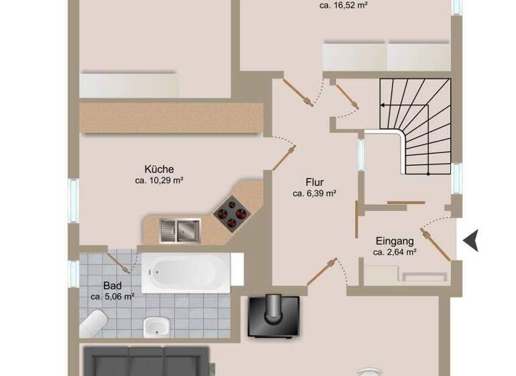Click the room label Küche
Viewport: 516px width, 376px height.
[x=159, y=169]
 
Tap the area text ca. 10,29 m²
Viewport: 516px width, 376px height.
[x=159, y=181]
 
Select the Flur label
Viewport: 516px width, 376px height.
[x=314, y=182]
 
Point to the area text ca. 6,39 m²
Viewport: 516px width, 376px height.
[x=314, y=193]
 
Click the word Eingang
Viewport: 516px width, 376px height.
[x=394, y=241]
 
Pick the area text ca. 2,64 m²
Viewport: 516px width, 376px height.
[x=394, y=252]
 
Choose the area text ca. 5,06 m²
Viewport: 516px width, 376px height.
[x=112, y=296]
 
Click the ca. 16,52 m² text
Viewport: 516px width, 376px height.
[x=344, y=5]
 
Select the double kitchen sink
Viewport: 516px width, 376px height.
[x=179, y=230]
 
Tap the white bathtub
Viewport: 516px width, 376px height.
[x=184, y=273]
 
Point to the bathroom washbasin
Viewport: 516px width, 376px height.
[x=156, y=327]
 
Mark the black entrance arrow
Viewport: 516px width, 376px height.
[x=471, y=240]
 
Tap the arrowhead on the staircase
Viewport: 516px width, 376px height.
[x=382, y=105]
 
